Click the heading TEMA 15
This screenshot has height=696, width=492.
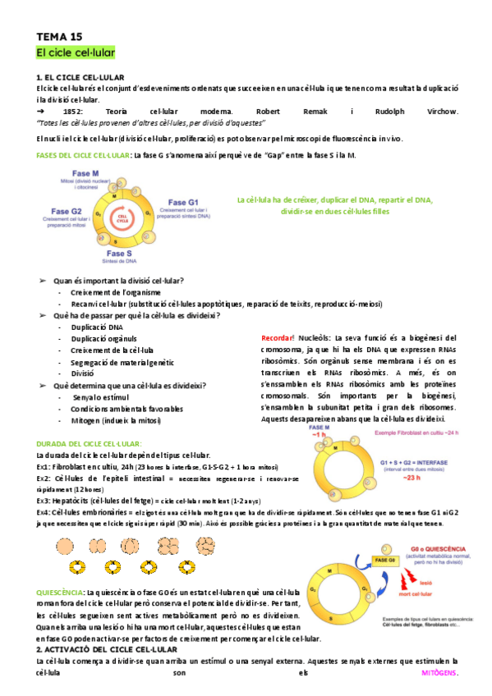[59, 37]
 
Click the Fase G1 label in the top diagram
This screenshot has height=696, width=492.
[182, 201]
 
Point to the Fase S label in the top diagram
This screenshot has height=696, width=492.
[119, 253]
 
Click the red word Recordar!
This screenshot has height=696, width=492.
[277, 337]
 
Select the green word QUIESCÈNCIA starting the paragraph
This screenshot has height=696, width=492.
[60, 592]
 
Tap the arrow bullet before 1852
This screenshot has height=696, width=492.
[39, 110]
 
